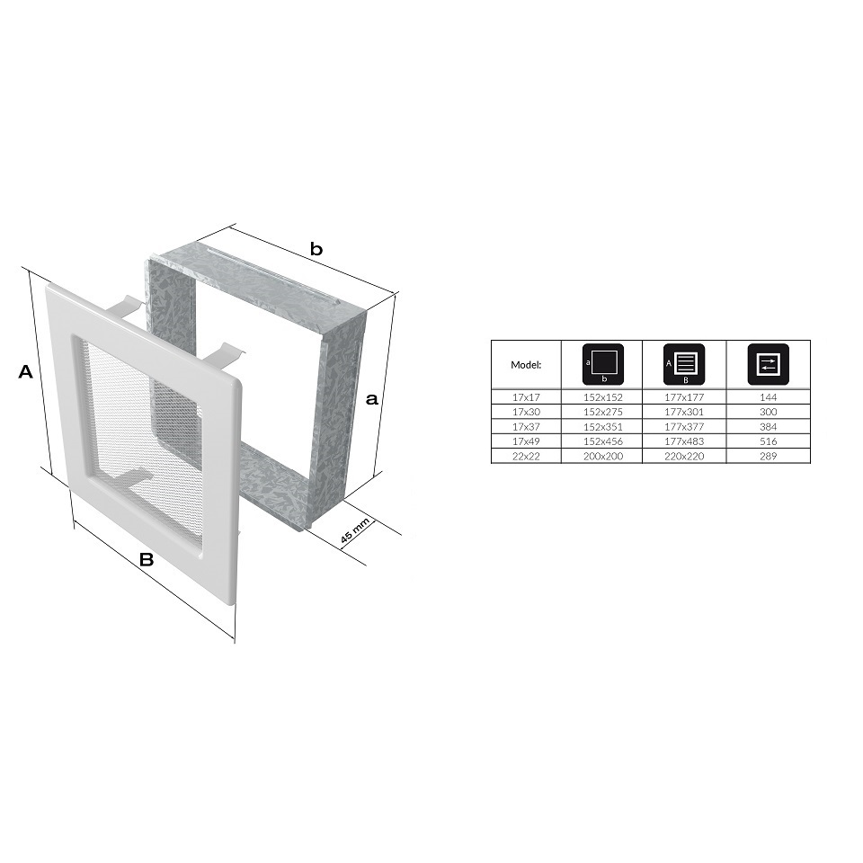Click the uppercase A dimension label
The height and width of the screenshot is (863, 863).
pos(26,371)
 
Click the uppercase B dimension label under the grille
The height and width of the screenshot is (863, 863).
pos(147,559)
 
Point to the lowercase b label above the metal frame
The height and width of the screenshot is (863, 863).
pos(316,249)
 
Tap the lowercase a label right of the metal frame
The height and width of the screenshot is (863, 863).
pos(372,398)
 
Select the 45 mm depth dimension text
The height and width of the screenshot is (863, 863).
pos(354,531)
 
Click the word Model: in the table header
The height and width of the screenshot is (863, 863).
pos(526,364)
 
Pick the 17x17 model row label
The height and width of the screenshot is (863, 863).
pos(526,396)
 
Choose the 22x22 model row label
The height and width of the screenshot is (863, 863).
pos(526,456)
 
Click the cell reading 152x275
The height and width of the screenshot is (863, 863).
pos(603,412)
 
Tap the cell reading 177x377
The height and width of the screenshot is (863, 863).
pos(684,426)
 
